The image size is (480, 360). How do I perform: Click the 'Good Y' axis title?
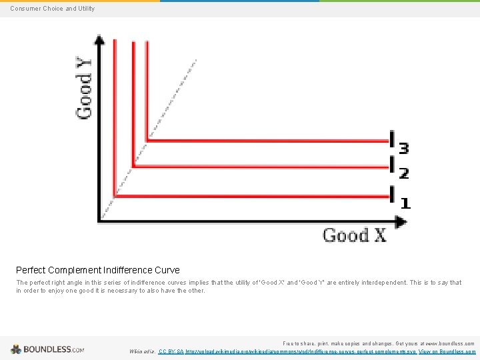coord(85,87)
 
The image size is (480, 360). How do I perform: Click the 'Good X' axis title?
coord(354,235)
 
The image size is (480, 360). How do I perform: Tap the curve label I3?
coord(398,143)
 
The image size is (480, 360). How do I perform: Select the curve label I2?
coord(398,169)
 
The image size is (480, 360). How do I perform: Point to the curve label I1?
coord(399,198)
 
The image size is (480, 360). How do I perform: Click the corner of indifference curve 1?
coord(115,196)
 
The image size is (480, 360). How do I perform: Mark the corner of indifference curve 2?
coord(134,166)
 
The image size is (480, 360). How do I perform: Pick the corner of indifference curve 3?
coord(147,141)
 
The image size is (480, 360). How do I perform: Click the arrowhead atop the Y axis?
coord(99,40)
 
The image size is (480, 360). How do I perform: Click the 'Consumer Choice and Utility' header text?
coord(52,9)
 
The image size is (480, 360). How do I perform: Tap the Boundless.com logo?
coord(47,349)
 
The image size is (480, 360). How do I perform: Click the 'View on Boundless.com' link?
coord(447,351)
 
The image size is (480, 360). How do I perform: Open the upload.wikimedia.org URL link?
coord(300,351)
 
